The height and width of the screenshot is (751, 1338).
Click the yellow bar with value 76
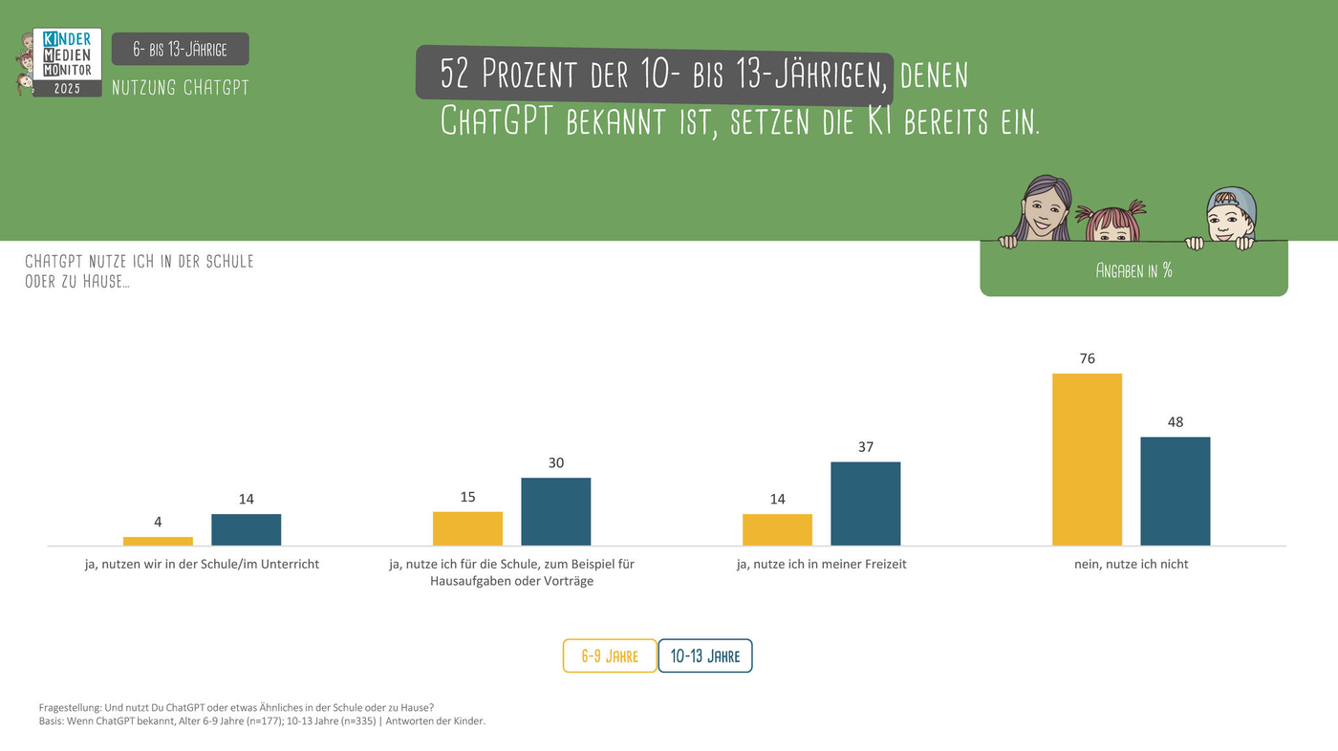[1087, 460]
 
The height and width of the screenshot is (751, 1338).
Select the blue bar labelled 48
[1175, 491]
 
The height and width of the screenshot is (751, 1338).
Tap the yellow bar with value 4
[158, 541]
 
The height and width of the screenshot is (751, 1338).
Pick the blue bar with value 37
[865, 504]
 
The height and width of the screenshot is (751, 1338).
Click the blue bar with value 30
[555, 511]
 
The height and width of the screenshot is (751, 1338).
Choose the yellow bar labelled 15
[467, 528]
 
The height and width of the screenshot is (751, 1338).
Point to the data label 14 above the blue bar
[246, 499]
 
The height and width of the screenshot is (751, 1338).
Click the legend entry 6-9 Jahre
[610, 656]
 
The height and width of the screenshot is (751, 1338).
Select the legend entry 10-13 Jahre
[705, 656]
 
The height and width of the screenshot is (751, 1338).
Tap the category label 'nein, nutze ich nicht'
[1131, 564]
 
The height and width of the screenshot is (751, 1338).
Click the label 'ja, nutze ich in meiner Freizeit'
[821, 564]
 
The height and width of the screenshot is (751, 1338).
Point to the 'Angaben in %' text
[1133, 270]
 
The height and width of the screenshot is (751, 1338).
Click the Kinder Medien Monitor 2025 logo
[65, 62]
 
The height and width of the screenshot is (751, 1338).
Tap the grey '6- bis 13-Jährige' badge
[180, 49]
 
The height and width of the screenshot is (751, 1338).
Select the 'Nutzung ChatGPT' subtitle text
[180, 88]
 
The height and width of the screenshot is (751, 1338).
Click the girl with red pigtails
[1111, 222]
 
